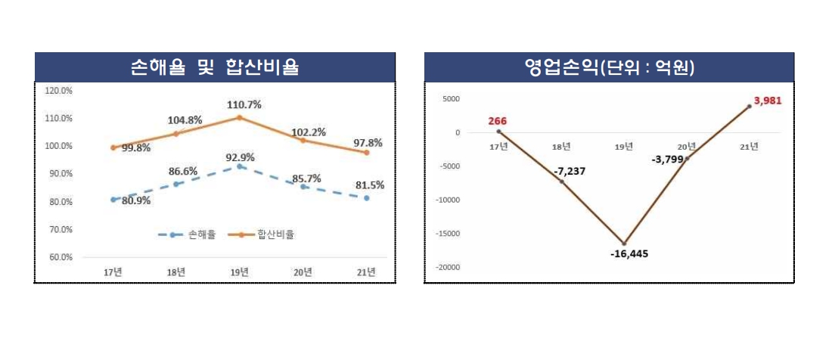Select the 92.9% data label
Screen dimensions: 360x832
tap(239, 157)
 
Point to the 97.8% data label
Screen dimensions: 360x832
tap(367, 142)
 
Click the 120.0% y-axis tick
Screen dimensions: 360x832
tap(59, 91)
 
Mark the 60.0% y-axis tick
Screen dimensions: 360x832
tap(59, 257)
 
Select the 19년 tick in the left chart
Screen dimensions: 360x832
tap(239, 272)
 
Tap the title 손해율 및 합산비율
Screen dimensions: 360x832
tap(214, 67)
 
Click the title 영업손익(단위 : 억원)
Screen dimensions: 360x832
tap(609, 67)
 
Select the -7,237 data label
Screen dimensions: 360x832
tap(570, 172)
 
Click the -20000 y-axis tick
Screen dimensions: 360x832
tap(449, 267)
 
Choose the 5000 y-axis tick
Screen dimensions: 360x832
tap(452, 98)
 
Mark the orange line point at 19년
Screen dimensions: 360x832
tap(239, 117)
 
